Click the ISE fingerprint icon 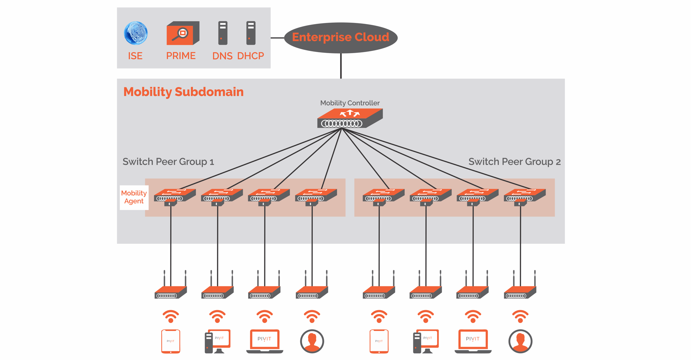click(x=136, y=33)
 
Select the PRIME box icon click(x=183, y=33)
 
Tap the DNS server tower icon click(x=223, y=33)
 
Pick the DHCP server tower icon click(x=251, y=33)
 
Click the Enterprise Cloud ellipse click(x=340, y=38)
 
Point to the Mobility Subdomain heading click(x=184, y=92)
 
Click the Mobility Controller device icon click(x=350, y=118)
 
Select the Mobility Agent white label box click(x=134, y=197)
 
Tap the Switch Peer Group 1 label click(x=168, y=162)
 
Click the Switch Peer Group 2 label click(x=515, y=162)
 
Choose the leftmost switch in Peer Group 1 click(x=175, y=197)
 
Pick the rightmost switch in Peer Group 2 click(x=525, y=197)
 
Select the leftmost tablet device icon click(x=171, y=341)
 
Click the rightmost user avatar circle click(x=520, y=341)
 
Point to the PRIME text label click(x=181, y=56)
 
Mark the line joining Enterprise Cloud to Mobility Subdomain click(x=341, y=66)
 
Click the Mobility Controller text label click(x=350, y=103)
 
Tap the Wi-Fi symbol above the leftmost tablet click(x=171, y=316)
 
